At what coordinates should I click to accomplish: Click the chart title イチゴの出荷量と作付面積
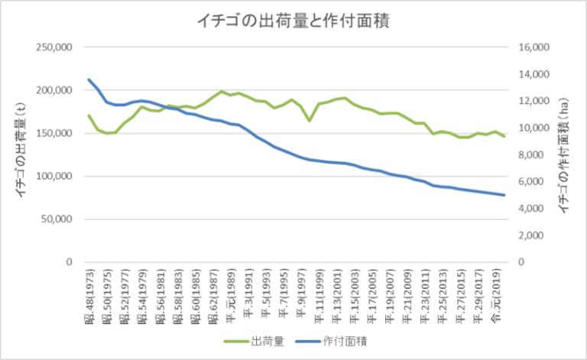click(x=293, y=21)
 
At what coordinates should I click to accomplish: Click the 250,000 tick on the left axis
click(x=54, y=47)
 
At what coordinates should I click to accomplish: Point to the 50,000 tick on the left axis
click(x=57, y=219)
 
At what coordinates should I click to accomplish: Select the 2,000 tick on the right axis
click(x=532, y=235)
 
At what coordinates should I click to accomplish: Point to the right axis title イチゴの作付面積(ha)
click(x=566, y=155)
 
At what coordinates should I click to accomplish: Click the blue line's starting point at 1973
click(x=89, y=79)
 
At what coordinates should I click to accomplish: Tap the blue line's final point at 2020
click(x=504, y=195)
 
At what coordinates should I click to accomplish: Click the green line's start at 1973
click(x=89, y=115)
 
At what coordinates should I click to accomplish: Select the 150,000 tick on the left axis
click(x=54, y=133)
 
